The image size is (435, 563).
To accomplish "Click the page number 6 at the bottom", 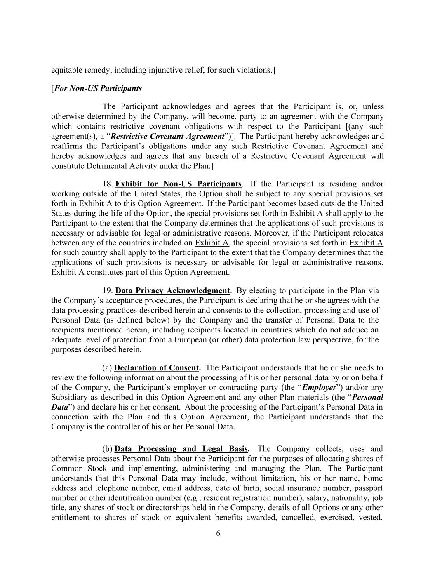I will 218,533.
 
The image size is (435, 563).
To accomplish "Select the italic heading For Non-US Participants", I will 98,88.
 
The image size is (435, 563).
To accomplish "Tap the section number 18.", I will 107,184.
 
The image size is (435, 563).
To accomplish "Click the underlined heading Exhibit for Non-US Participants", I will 178,184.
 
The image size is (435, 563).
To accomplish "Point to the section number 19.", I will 107,290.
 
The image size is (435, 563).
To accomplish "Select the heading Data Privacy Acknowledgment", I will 172,290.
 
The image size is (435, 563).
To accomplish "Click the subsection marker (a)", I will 107,367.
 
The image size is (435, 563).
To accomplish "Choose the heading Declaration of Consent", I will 157,367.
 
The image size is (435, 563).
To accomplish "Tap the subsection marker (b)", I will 107,448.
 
